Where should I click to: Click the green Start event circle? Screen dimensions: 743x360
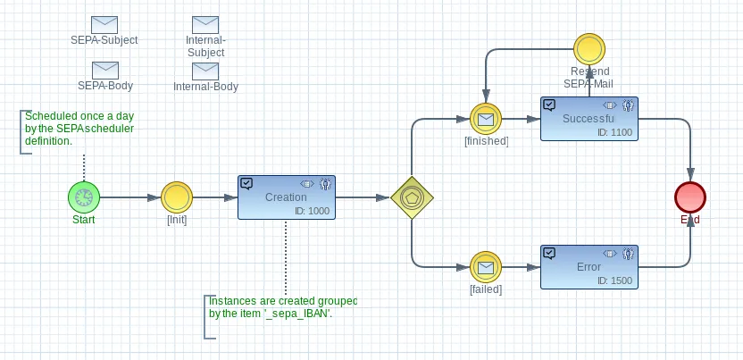pyautogui.click(x=84, y=197)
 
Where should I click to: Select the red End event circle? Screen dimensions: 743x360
pyautogui.click(x=690, y=197)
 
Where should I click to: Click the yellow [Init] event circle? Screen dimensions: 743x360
pyautogui.click(x=177, y=197)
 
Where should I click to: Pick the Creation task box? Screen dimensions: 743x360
pyautogui.click(x=287, y=197)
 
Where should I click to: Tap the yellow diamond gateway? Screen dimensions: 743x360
pyautogui.click(x=412, y=197)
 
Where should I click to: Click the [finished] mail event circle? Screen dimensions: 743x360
pyautogui.click(x=486, y=119)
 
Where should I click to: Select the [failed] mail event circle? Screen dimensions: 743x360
pyautogui.click(x=486, y=268)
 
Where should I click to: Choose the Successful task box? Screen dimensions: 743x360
pyautogui.click(x=589, y=119)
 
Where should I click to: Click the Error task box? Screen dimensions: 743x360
pyautogui.click(x=589, y=267)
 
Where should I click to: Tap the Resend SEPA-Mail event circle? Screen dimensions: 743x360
pyautogui.click(x=589, y=49)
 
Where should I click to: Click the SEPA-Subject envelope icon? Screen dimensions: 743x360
pyautogui.click(x=104, y=25)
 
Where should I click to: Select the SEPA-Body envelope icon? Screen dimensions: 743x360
pyautogui.click(x=104, y=70)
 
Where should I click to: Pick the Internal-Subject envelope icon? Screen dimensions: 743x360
pyautogui.click(x=205, y=25)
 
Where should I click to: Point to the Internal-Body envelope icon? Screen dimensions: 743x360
pyautogui.click(x=205, y=71)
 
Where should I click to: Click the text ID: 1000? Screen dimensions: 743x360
pyautogui.click(x=311, y=211)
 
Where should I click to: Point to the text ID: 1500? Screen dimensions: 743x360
pyautogui.click(x=614, y=280)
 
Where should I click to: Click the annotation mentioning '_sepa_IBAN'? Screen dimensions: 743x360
pyautogui.click(x=283, y=307)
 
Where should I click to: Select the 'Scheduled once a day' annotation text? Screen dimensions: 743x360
pyautogui.click(x=79, y=129)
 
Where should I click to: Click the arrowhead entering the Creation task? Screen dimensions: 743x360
pyautogui.click(x=230, y=197)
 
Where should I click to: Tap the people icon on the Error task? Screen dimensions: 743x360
pyautogui.click(x=629, y=254)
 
